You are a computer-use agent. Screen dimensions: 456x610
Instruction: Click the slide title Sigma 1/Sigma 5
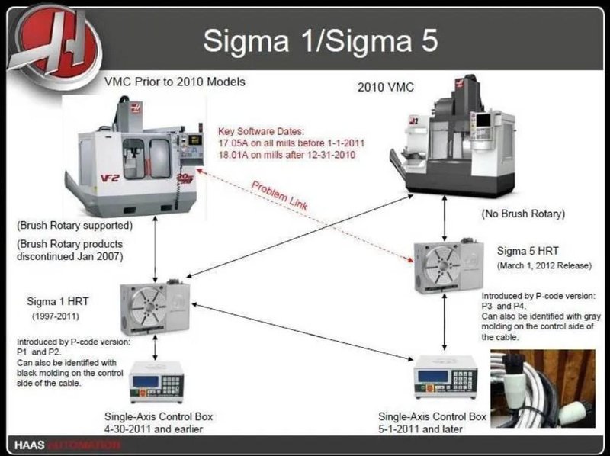pyautogui.click(x=320, y=39)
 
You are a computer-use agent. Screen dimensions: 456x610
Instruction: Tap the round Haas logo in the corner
pyautogui.click(x=57, y=40)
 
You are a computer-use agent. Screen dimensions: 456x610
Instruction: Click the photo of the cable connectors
pyautogui.click(x=542, y=389)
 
